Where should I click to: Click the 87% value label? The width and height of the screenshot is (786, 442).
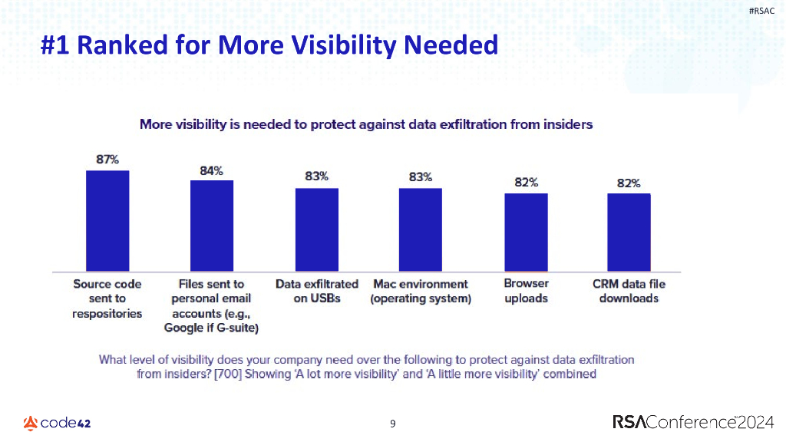107,160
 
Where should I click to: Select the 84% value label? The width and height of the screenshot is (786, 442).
212,170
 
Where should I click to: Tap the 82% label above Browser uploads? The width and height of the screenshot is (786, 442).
526,183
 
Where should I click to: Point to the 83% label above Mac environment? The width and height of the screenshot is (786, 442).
420,176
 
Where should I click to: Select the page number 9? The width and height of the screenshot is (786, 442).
393,423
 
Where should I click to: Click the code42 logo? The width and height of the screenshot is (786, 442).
58,423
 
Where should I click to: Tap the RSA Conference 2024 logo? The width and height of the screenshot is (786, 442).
694,422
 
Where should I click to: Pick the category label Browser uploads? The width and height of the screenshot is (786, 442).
526,291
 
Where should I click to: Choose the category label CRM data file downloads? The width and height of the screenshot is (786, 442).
629,291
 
